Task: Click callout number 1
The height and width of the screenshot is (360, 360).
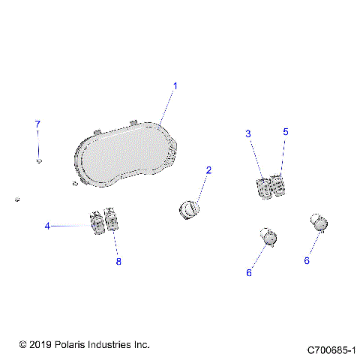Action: tap(175, 86)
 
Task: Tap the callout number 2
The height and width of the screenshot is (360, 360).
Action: tap(208, 170)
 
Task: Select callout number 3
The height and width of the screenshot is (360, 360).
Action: tap(248, 133)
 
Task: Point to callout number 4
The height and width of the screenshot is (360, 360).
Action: tap(47, 226)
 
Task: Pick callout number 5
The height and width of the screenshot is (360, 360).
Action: tap(285, 131)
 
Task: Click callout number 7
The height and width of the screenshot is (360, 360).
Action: tap(37, 123)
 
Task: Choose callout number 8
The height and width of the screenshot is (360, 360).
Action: tap(118, 261)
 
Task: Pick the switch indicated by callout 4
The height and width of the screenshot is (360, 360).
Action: tap(97, 222)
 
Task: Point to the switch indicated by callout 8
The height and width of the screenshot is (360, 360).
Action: tap(112, 221)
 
